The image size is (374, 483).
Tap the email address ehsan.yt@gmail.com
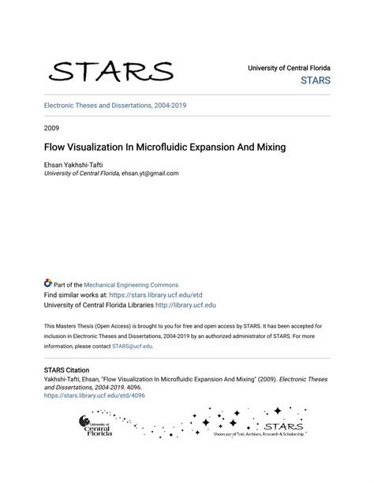tap(150, 173)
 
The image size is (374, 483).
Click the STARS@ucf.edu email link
tap(132, 346)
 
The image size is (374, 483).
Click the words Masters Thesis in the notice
tap(80, 325)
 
